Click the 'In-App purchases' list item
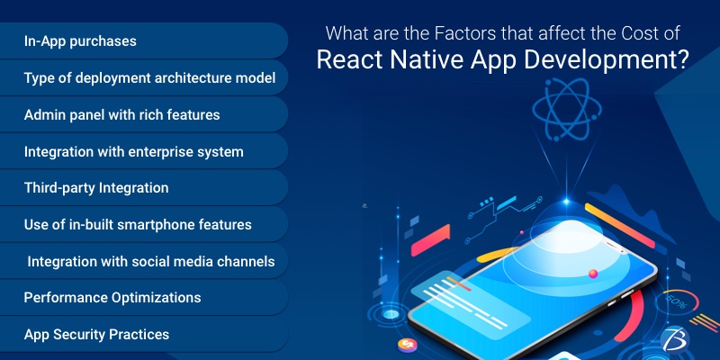click(80, 42)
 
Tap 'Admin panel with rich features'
click(121, 115)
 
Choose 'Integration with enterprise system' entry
click(133, 151)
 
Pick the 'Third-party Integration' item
click(96, 188)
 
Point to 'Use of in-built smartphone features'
click(138, 224)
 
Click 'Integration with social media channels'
click(151, 261)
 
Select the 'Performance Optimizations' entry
click(112, 297)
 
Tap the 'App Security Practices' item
click(96, 334)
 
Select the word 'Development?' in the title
click(612, 61)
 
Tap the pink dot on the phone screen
click(592, 272)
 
